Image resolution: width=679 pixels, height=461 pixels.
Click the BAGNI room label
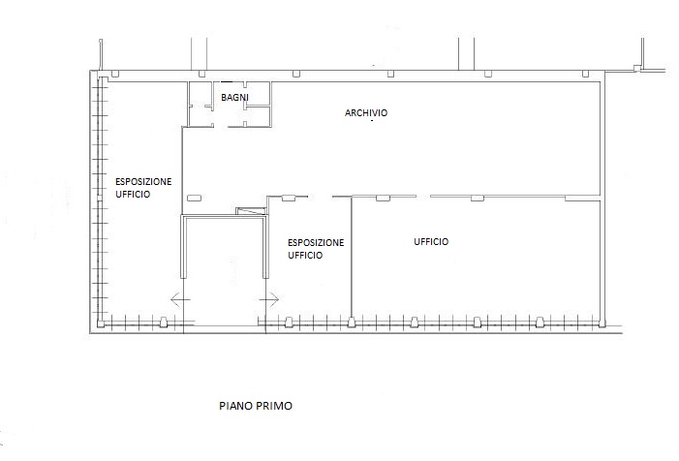coord(234,98)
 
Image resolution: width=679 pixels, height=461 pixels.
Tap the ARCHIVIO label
coord(366,113)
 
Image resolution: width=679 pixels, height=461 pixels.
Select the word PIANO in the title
coord(236,406)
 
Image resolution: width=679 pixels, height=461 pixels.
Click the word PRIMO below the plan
coord(274,406)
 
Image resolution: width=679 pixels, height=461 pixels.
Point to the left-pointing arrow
coord(180,299)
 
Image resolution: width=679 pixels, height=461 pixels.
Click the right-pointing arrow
coord(269,299)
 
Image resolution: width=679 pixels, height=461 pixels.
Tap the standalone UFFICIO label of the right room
coord(431,241)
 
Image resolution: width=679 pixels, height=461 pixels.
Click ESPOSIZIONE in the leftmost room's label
coord(143,181)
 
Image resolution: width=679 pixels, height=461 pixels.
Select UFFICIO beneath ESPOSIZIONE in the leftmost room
coord(133,195)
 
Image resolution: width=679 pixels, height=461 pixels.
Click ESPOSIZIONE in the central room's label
coord(316,242)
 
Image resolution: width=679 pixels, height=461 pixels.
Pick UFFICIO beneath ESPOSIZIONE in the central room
coord(305,256)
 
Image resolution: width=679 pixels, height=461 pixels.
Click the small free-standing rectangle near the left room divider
coord(194,198)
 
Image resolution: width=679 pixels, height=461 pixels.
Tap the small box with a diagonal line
coord(251,211)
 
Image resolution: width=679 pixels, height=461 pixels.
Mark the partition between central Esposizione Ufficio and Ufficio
coord(351,259)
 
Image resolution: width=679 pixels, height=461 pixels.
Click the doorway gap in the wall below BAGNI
coord(221,127)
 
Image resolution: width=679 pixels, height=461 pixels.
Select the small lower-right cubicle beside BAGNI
coord(258,116)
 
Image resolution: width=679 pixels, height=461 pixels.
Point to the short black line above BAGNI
coord(227,81)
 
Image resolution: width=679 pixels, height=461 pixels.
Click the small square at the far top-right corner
coord(637,68)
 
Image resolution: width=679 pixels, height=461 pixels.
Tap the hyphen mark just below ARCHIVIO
coord(372,121)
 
